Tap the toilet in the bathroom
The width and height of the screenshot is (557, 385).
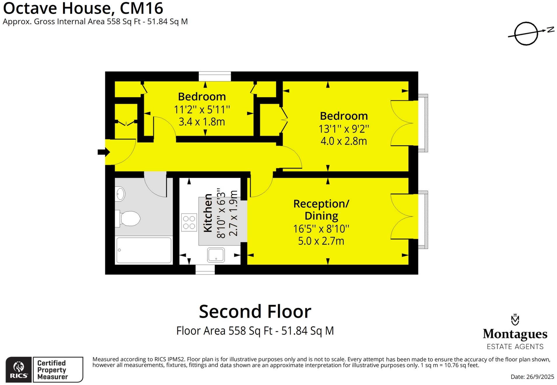[x=129, y=218]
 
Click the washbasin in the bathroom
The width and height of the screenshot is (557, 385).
[x=120, y=194]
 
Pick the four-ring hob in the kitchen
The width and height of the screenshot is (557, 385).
[x=189, y=222]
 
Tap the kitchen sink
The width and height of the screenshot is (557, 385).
[x=216, y=255]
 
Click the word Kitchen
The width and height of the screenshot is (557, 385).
[x=208, y=213]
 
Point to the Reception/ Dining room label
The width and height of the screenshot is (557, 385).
[x=321, y=210]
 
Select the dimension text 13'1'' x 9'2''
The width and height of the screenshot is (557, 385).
[x=344, y=129]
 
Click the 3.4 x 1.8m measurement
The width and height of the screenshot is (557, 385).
[x=202, y=122]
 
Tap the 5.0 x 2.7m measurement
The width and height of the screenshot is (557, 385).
[x=321, y=241]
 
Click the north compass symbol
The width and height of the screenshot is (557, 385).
[x=526, y=34]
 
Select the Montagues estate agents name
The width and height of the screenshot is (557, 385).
[x=515, y=334]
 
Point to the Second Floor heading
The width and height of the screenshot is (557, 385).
[x=255, y=312]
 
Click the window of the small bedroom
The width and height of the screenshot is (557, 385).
[x=215, y=76]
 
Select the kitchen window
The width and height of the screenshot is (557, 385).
[x=205, y=270]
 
